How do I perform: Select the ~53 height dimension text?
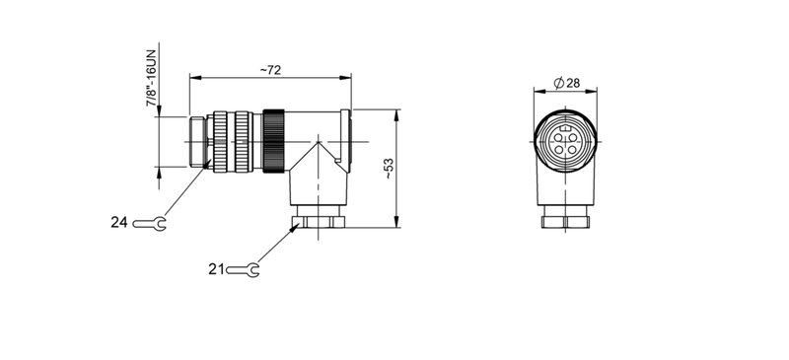389,169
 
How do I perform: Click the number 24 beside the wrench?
119,223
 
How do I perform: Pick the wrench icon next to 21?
244,268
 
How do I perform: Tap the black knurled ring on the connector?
273,139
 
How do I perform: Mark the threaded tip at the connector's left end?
195,141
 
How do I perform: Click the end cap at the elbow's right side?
346,139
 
